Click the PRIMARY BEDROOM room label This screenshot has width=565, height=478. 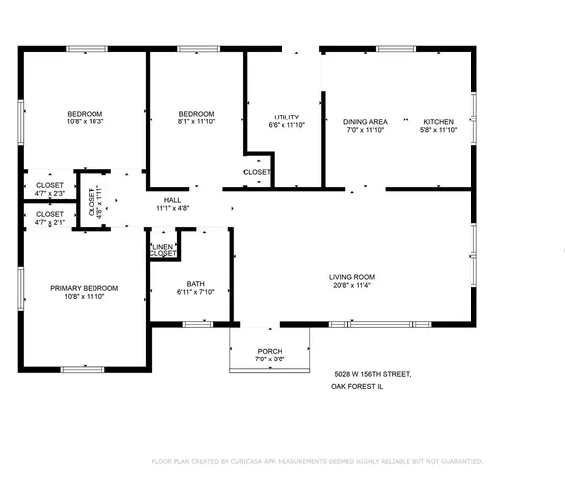(85, 288)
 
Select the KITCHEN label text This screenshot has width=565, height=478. (438, 121)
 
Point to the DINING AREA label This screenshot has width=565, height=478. (365, 121)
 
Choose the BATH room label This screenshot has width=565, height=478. (188, 282)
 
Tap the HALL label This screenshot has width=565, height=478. (172, 200)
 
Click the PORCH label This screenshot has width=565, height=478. (270, 351)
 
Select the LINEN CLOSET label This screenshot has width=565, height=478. (163, 250)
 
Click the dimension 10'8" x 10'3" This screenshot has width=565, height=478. (85, 121)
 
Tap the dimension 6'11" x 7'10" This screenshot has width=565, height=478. (188, 291)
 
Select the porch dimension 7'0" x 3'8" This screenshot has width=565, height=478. (270, 359)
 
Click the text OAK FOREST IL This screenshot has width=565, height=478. (358, 390)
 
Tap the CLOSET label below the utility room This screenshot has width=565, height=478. (256, 172)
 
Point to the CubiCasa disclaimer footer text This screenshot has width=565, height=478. (316, 461)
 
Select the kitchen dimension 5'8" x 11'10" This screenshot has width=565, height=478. (438, 130)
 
